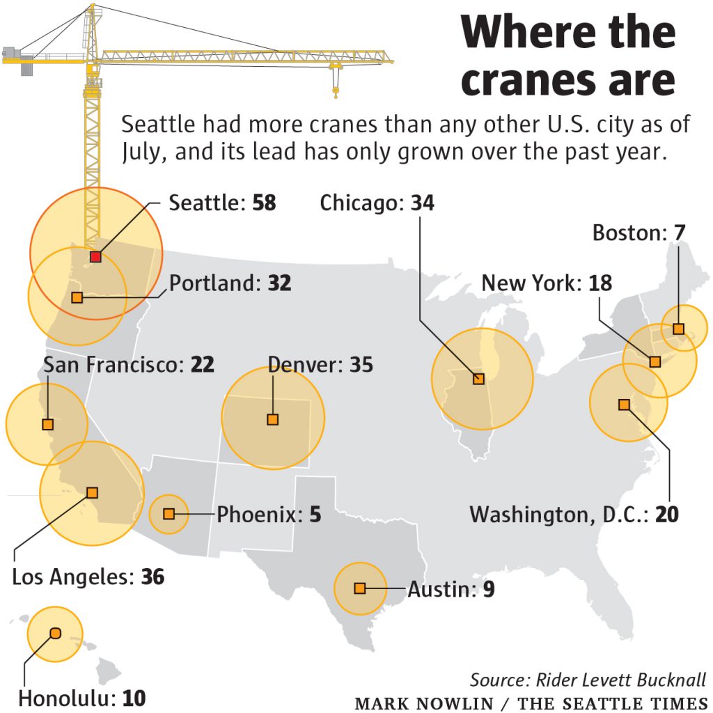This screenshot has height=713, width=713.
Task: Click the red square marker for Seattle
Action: pos(95,257)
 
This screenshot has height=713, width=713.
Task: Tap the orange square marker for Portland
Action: pos(77,297)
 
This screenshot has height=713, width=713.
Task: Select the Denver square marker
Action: pos(273,419)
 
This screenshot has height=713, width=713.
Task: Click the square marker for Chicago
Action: pos(478,379)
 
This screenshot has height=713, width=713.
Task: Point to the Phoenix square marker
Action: pos(169,514)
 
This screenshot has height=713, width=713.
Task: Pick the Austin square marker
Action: pos(360,588)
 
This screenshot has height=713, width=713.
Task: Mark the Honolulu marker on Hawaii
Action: pos(55,633)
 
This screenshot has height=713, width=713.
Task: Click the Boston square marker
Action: pos(678,329)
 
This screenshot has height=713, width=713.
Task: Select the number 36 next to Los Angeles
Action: pos(152,577)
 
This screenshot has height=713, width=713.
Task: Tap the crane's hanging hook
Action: pos(336,88)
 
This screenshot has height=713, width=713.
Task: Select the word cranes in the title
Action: pos(535,81)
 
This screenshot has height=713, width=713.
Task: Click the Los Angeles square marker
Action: pos(92,492)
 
